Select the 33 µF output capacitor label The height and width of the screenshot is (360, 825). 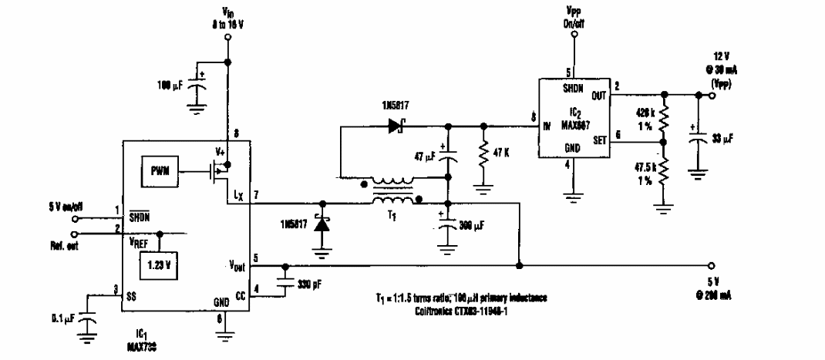[x=725, y=139]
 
